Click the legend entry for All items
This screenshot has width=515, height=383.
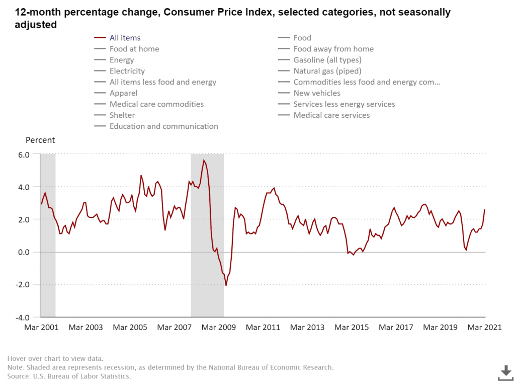point(125,38)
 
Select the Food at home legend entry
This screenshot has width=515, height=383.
point(134,49)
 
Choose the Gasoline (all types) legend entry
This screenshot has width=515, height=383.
point(327,60)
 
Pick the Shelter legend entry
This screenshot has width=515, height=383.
point(122,115)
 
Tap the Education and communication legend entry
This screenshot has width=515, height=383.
point(163,126)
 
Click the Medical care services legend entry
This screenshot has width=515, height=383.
point(331,115)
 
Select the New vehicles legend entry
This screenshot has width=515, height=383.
point(317,93)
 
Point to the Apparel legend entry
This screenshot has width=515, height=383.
point(123,93)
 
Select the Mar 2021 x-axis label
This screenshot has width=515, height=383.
point(485,327)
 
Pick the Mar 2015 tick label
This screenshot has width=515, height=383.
point(352,327)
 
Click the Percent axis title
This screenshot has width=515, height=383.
point(40,140)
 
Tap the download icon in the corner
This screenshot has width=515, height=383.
point(505,373)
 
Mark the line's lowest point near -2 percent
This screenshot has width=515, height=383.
point(226,285)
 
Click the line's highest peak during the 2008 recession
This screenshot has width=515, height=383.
point(204,160)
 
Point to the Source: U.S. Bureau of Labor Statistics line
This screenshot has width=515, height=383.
point(69,376)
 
